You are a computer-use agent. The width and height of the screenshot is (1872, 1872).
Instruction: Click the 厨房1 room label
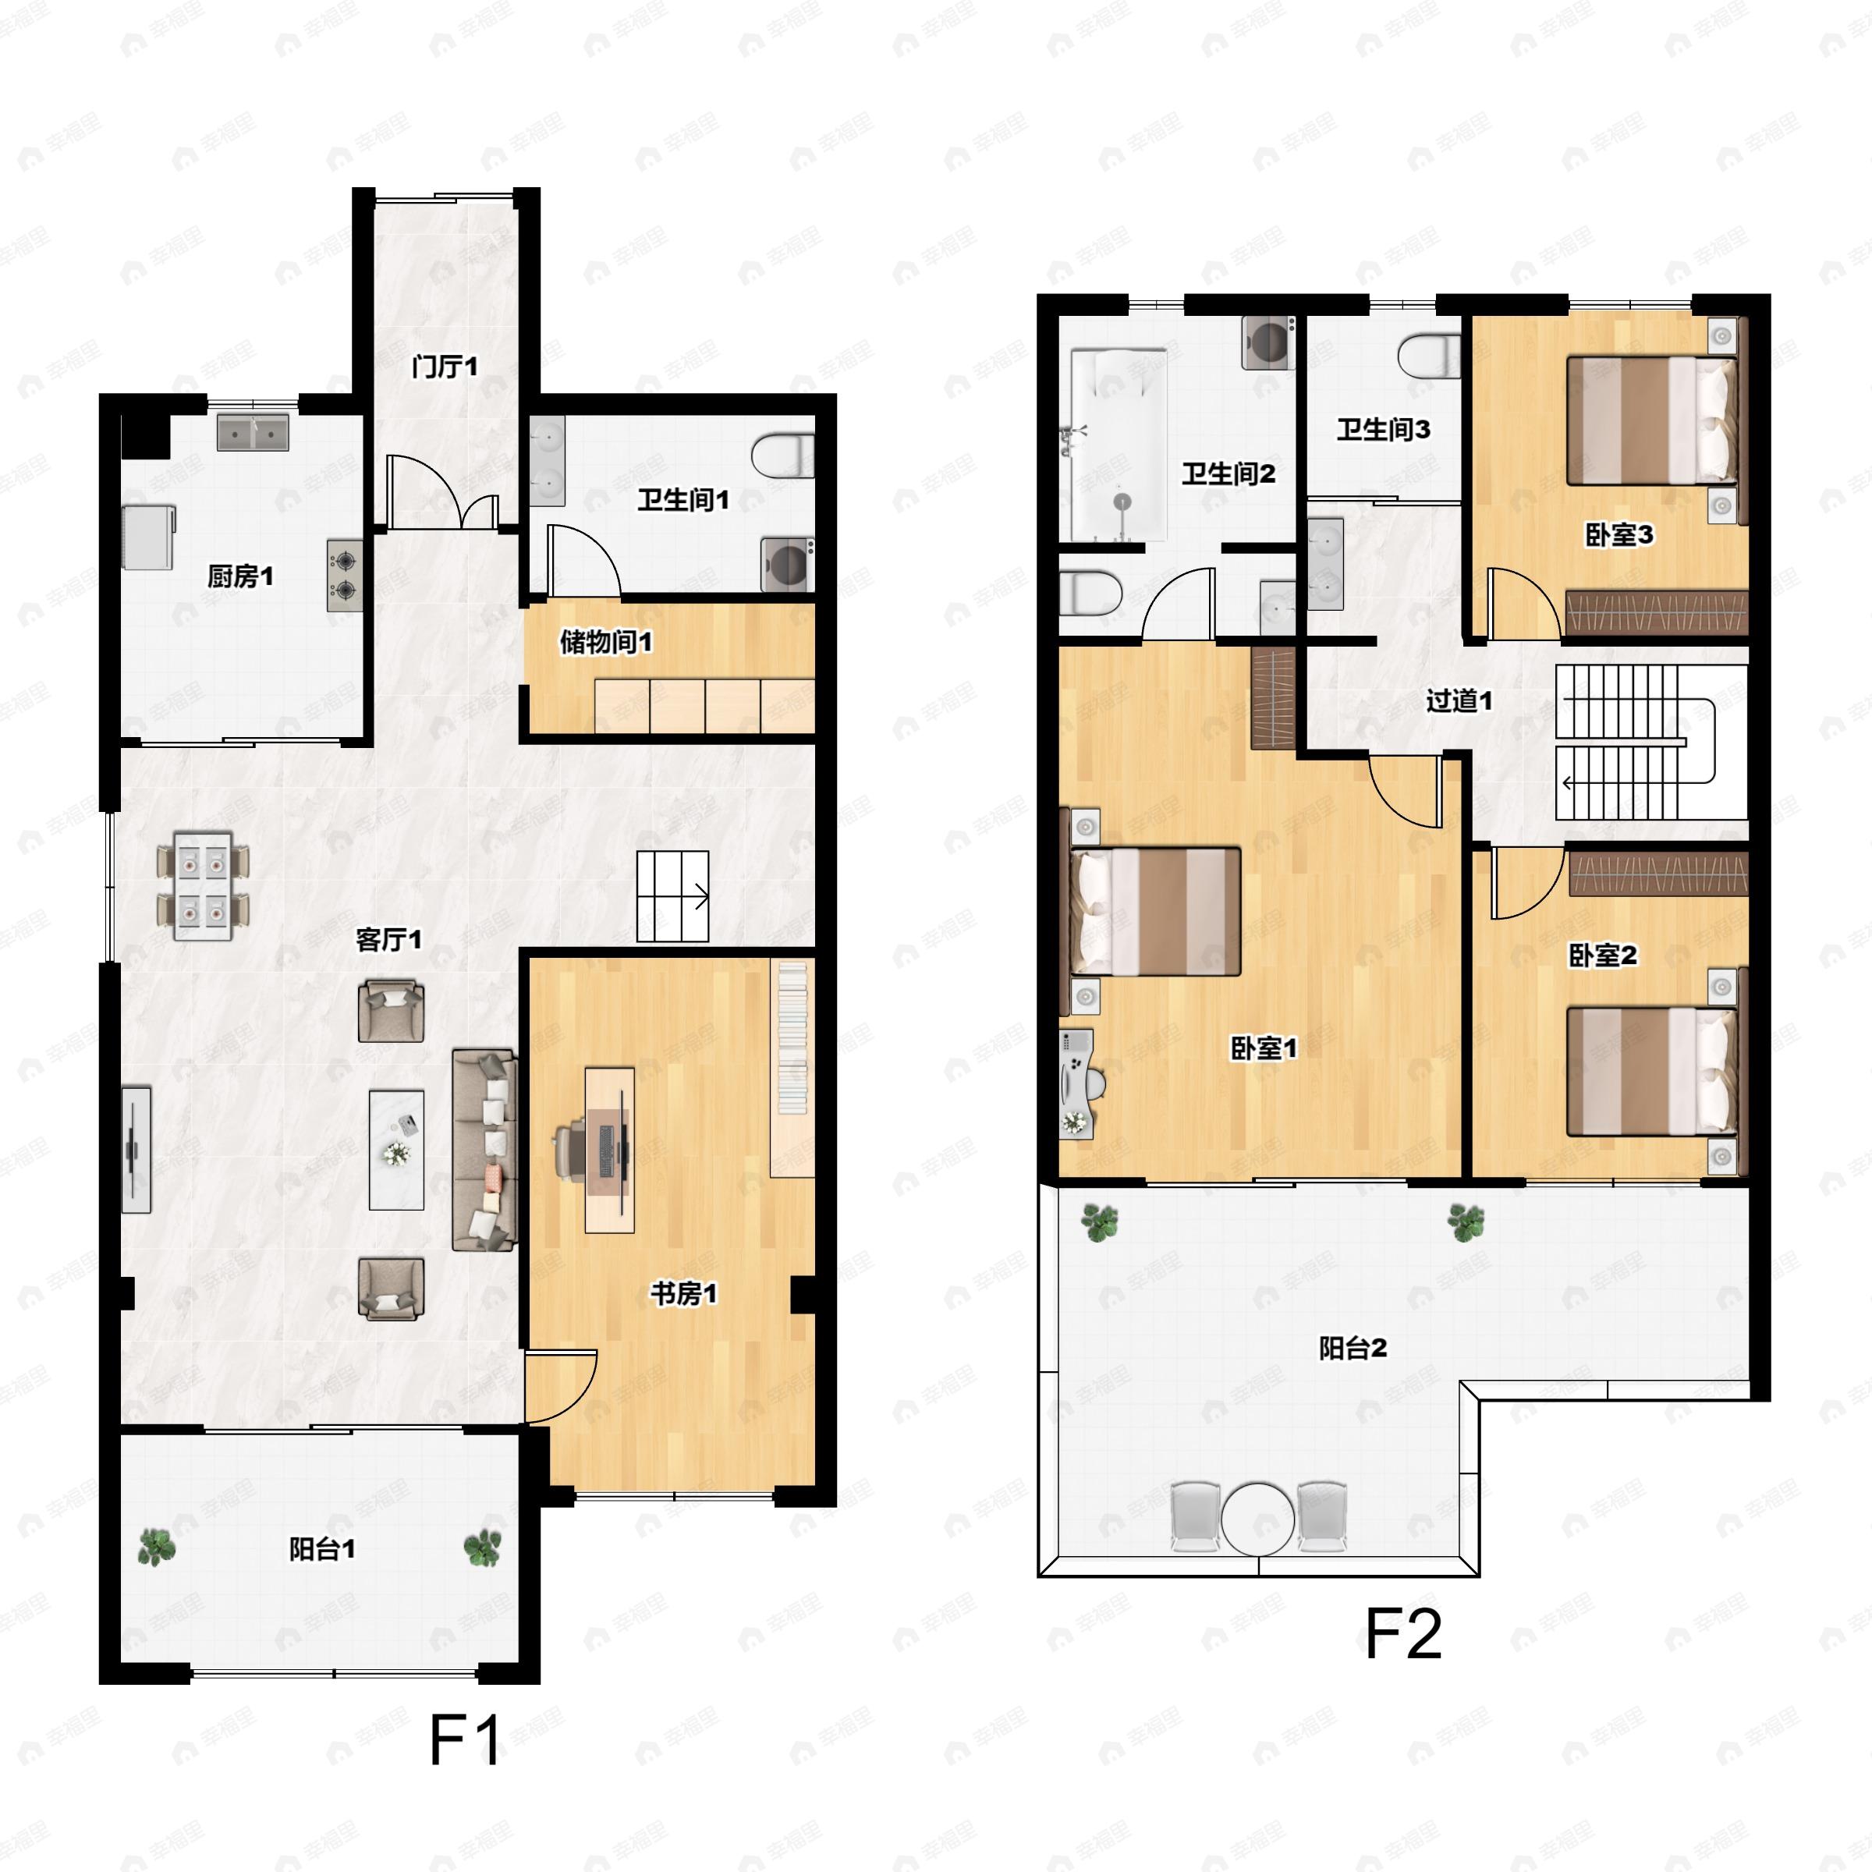pyautogui.click(x=240, y=577)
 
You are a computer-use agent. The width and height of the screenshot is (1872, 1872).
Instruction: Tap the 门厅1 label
pyautogui.click(x=445, y=367)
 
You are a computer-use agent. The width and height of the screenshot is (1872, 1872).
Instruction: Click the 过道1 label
pyautogui.click(x=1459, y=700)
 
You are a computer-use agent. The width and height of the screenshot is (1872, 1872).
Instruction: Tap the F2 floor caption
pyautogui.click(x=1403, y=1635)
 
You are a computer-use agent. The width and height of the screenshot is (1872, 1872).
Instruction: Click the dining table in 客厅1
pyautogui.click(x=203, y=885)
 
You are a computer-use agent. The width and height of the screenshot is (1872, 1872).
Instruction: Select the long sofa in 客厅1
pyautogui.click(x=484, y=1149)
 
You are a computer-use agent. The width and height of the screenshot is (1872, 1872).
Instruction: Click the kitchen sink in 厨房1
pyautogui.click(x=253, y=433)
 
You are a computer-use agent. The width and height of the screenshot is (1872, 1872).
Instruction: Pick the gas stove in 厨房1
pyautogui.click(x=344, y=576)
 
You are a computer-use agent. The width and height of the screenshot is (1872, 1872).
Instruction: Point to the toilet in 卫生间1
pyautogui.click(x=782, y=456)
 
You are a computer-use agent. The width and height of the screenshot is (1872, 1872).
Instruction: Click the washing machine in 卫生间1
pyautogui.click(x=787, y=565)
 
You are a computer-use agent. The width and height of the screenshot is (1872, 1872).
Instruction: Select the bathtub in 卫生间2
pyautogui.click(x=1119, y=445)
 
